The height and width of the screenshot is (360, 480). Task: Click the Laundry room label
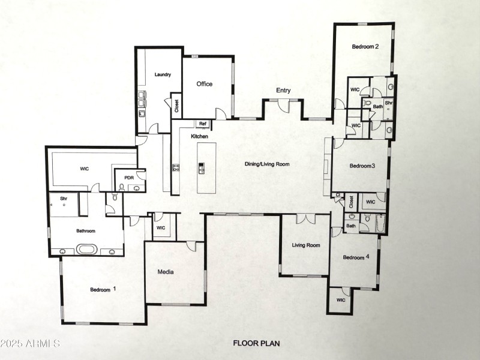pyautogui.click(x=163, y=75)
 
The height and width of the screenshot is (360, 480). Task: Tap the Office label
pyautogui.click(x=205, y=84)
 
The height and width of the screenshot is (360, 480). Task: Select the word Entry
pyautogui.click(x=283, y=91)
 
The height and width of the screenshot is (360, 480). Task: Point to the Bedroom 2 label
pyautogui.click(x=365, y=47)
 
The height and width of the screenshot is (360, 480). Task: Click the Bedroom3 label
pyautogui.click(x=362, y=166)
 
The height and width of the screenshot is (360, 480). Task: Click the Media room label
pyautogui.click(x=166, y=272)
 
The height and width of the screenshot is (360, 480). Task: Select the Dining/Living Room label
pyautogui.click(x=267, y=164)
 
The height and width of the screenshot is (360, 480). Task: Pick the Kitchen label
pyautogui.click(x=199, y=137)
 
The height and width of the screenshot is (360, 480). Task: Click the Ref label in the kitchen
pyautogui.click(x=203, y=124)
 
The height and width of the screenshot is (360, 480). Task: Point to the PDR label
pyautogui.click(x=128, y=178)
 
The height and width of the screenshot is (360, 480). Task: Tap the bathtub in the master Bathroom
pyautogui.click(x=88, y=248)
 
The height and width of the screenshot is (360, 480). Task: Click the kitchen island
pyautogui.click(x=203, y=176)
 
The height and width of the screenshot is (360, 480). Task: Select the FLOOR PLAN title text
pyautogui.click(x=257, y=344)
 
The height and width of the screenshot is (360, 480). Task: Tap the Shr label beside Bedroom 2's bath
pyautogui.click(x=389, y=103)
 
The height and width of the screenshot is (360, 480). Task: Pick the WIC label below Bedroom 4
pyautogui.click(x=341, y=300)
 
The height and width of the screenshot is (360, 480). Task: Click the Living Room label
pyautogui.click(x=306, y=245)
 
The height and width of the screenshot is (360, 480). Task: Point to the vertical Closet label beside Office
pyautogui.click(x=176, y=106)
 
